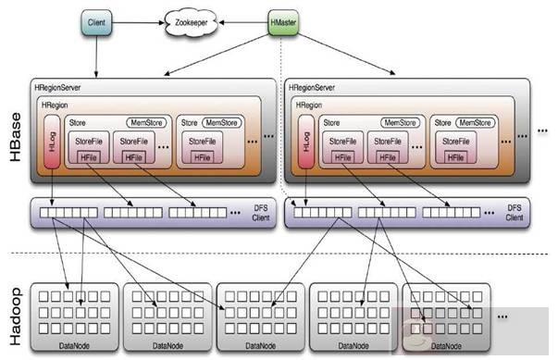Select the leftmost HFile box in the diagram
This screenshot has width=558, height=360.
92,157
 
